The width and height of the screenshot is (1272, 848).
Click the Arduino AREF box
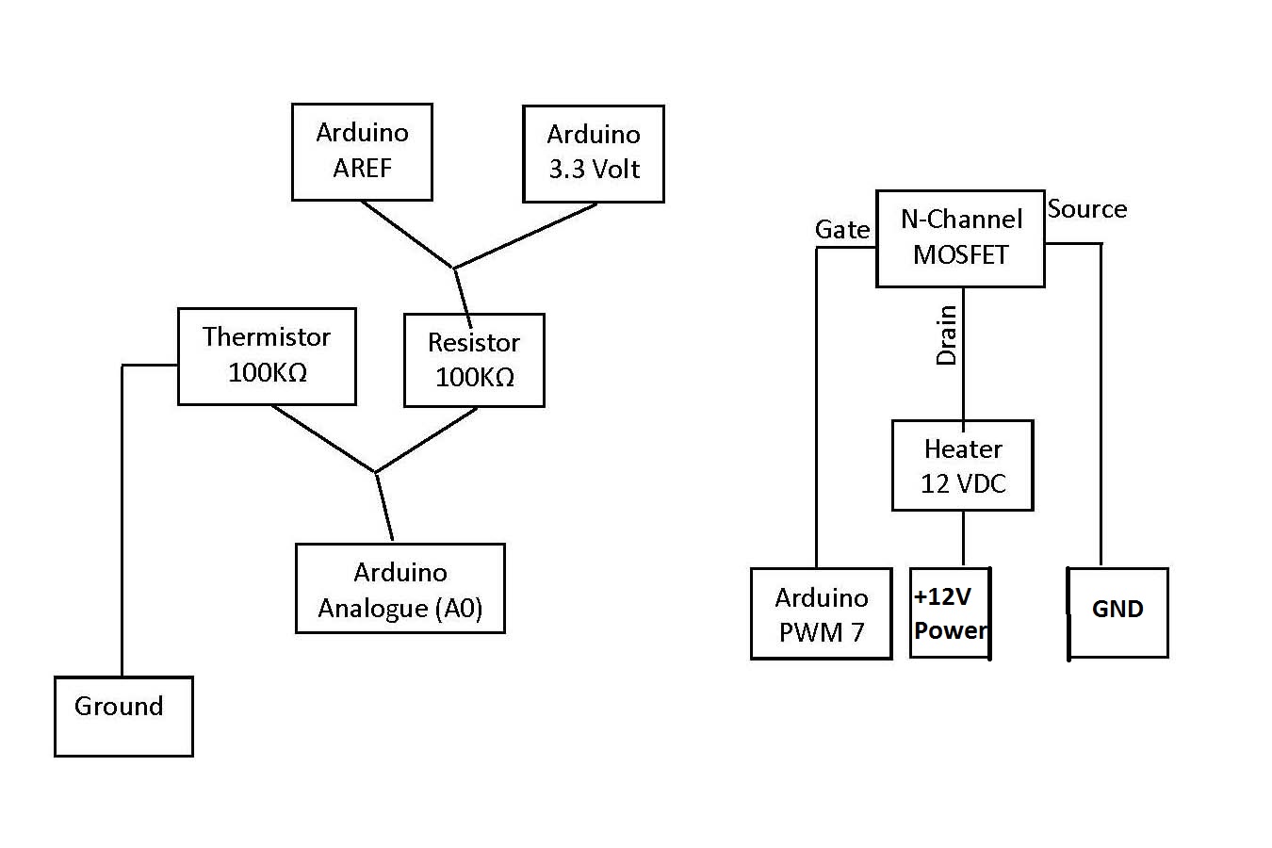(362, 152)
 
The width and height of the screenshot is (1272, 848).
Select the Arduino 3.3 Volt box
(594, 154)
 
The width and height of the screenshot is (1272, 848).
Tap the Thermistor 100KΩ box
(267, 356)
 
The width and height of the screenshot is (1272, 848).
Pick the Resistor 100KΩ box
(474, 360)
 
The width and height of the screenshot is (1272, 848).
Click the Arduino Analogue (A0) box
(400, 589)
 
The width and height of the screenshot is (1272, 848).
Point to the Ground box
(123, 716)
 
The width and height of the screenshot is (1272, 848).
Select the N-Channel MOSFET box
(960, 238)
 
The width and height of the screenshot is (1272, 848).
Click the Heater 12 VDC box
(963, 465)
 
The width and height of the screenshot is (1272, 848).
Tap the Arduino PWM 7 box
(821, 613)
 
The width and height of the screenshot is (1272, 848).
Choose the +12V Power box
(950, 613)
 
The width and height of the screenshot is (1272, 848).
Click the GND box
(1117, 612)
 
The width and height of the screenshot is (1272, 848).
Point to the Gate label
(842, 230)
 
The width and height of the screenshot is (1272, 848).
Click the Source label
(1087, 209)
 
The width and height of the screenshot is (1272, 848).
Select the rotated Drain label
(946, 335)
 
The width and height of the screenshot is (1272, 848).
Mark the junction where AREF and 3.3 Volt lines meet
(454, 269)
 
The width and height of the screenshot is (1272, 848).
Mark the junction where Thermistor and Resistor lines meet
(375, 471)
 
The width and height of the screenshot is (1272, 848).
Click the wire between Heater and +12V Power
(963, 539)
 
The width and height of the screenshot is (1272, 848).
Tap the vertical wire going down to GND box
(1101, 405)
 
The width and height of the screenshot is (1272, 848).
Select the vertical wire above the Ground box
(122, 518)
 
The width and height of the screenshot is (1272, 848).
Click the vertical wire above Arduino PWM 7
(816, 405)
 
